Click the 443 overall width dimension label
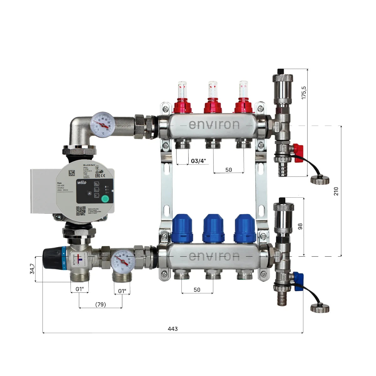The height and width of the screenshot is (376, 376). coord(173,329)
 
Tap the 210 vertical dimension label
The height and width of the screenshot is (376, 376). coord(336,191)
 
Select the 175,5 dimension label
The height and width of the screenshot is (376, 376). coord(304,93)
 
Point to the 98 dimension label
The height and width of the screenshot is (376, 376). coord(300,226)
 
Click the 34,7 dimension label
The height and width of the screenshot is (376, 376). coord(32,269)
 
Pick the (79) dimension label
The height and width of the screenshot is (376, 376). coord(100,304)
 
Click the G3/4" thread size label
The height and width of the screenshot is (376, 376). coord(199,161)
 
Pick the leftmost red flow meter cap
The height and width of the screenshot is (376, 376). coord(182,106)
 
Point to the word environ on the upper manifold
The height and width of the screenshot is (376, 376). coord(214,125)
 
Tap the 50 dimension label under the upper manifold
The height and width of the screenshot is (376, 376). coord(228,170)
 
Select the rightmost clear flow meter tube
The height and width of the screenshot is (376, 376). coord(243,89)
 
